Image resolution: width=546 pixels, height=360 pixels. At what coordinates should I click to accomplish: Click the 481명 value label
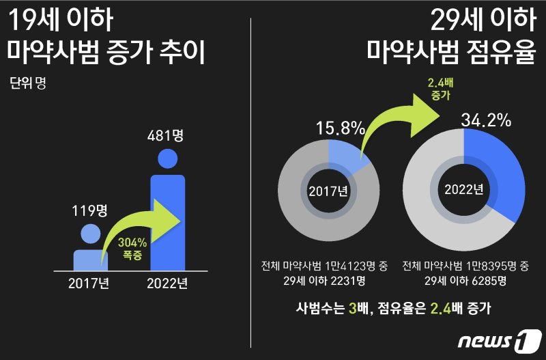pyautogui.click(x=167, y=135)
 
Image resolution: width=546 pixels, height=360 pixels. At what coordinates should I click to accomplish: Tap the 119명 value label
pyautogui.click(x=90, y=210)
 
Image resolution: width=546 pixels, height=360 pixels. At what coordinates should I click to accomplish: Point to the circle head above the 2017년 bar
pyautogui.click(x=90, y=234)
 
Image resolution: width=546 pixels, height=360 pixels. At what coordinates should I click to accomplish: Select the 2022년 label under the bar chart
pyautogui.click(x=167, y=282)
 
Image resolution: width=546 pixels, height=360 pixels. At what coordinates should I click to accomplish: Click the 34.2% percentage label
pyautogui.click(x=486, y=120)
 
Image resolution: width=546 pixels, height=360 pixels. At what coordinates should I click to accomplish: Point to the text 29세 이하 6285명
pyautogui.click(x=466, y=281)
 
